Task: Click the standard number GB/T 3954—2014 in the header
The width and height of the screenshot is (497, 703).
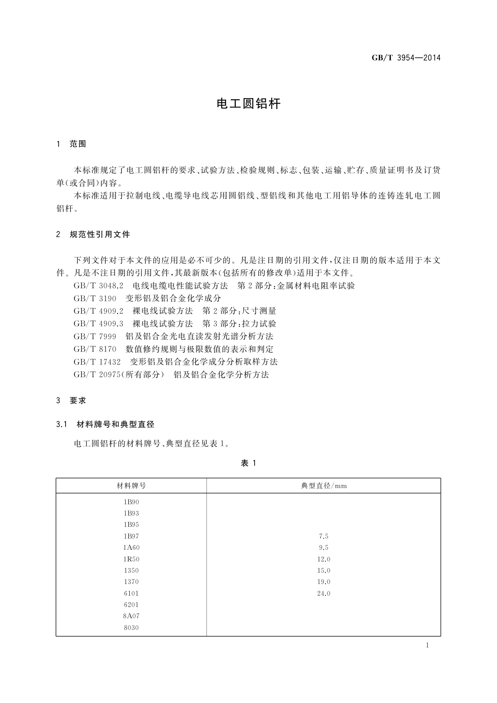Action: click(x=406, y=58)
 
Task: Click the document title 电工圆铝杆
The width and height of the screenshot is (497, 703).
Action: click(x=248, y=104)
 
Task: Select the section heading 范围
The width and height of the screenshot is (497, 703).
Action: click(x=78, y=144)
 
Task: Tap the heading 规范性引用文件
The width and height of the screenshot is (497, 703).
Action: click(x=100, y=235)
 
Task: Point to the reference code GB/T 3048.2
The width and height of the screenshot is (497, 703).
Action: click(x=98, y=286)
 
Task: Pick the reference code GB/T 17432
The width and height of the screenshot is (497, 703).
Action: click(x=97, y=362)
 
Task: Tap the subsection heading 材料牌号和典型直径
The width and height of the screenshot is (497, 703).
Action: click(x=116, y=425)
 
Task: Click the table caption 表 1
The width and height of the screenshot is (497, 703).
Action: click(x=248, y=463)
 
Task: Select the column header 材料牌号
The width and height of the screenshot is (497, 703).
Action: click(x=131, y=486)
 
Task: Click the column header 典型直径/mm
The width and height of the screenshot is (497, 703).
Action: click(x=324, y=486)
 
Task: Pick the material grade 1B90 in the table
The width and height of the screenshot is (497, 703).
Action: click(x=131, y=502)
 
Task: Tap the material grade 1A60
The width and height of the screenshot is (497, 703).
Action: click(x=131, y=548)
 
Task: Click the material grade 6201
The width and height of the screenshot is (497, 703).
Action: click(x=131, y=604)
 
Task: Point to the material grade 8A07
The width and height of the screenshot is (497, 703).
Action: click(x=131, y=616)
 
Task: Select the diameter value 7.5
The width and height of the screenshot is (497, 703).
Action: click(x=323, y=536)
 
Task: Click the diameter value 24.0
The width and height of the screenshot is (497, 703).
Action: click(x=323, y=593)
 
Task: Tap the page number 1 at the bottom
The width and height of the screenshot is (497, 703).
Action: click(x=427, y=645)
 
